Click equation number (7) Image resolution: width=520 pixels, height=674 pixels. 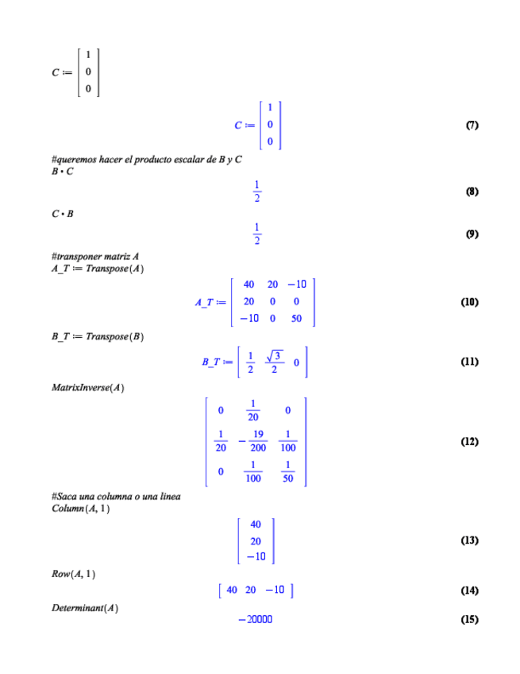point(472,126)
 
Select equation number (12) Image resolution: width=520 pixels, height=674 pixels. point(469,441)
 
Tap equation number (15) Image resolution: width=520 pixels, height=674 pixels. point(469,620)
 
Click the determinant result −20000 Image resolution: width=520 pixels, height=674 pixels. point(255,620)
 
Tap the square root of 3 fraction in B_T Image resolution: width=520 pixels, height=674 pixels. point(273,362)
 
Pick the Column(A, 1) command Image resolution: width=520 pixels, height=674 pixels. point(79,508)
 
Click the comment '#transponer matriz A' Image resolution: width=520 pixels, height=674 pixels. point(94,257)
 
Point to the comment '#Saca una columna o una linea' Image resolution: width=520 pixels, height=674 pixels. point(116,497)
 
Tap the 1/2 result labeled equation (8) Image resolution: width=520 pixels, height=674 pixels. point(256,192)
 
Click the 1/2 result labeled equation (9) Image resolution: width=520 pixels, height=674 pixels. point(256,234)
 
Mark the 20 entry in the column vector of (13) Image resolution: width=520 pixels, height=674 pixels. point(256,540)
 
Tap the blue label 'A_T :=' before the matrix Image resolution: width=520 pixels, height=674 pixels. point(210,303)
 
